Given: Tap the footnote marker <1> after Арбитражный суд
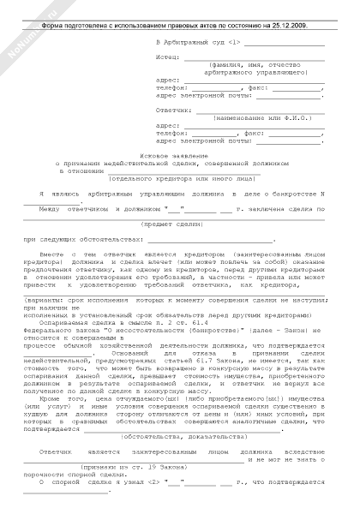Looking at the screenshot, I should [x=234, y=41].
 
